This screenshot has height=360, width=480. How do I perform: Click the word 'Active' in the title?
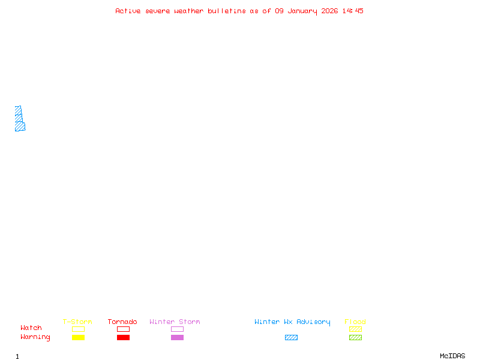(128, 11)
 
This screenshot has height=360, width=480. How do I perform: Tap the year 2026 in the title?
(329, 11)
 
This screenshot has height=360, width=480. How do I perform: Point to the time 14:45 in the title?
(353, 11)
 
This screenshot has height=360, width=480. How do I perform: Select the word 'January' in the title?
(302, 11)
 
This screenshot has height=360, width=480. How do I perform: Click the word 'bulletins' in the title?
(227, 11)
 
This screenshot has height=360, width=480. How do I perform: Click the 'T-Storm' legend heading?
(77, 322)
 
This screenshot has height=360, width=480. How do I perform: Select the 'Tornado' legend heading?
(122, 322)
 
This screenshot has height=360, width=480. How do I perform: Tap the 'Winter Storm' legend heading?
(175, 322)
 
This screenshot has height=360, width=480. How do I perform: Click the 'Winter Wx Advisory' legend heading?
(292, 322)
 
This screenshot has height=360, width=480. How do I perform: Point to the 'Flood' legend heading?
(355, 322)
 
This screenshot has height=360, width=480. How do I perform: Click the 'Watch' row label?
(31, 328)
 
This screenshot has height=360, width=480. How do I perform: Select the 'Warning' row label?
(35, 337)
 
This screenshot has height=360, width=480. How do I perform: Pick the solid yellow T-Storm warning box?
(79, 337)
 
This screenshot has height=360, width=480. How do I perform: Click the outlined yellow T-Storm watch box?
(79, 326)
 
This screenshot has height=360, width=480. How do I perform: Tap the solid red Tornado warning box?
(124, 337)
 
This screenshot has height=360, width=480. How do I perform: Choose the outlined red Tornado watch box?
(124, 326)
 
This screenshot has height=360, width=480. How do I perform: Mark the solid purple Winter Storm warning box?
(177, 337)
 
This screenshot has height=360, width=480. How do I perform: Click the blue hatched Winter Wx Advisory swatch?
(291, 337)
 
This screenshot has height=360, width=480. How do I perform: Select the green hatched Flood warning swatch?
(355, 337)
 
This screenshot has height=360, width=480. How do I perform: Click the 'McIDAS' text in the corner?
(452, 356)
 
